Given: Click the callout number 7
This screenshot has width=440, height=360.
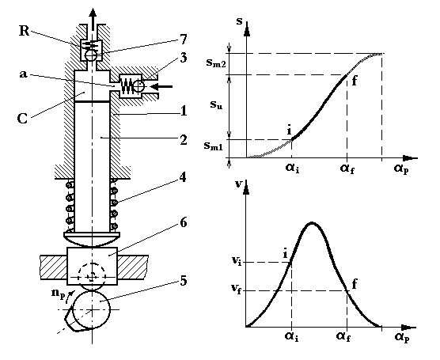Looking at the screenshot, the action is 183,40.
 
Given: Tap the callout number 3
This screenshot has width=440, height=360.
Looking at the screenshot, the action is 183,58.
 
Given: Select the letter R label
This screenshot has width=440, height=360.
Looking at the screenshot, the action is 24,31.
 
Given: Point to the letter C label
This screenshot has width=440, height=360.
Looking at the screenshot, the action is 22,119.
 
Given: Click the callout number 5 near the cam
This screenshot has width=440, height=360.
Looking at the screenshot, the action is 183,281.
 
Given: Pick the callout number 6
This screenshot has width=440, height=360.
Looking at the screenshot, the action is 183,223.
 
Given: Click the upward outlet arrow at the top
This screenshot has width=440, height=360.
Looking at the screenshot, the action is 93,19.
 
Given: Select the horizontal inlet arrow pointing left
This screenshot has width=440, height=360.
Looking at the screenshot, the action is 161,86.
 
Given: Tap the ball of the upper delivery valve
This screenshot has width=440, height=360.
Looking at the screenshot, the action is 91,55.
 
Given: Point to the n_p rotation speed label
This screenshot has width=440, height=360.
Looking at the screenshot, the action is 58,294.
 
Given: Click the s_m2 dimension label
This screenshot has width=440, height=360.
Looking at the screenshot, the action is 216,63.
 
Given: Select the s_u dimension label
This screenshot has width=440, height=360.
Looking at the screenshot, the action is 216,104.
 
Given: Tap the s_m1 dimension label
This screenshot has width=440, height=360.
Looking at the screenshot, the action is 213,146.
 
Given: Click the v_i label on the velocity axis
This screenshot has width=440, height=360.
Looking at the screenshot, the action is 237,261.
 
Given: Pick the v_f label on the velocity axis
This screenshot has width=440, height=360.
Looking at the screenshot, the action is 236,288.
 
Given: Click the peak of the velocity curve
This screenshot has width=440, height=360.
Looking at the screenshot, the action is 312,223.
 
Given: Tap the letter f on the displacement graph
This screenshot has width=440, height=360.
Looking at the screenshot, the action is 355,81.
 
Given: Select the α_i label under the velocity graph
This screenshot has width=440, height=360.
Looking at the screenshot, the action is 292,336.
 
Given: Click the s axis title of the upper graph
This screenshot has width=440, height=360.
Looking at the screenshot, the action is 239,21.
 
